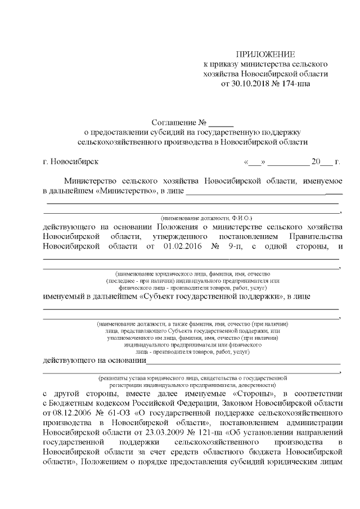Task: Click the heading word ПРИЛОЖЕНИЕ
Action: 265,55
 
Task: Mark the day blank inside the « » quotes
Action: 254,163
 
